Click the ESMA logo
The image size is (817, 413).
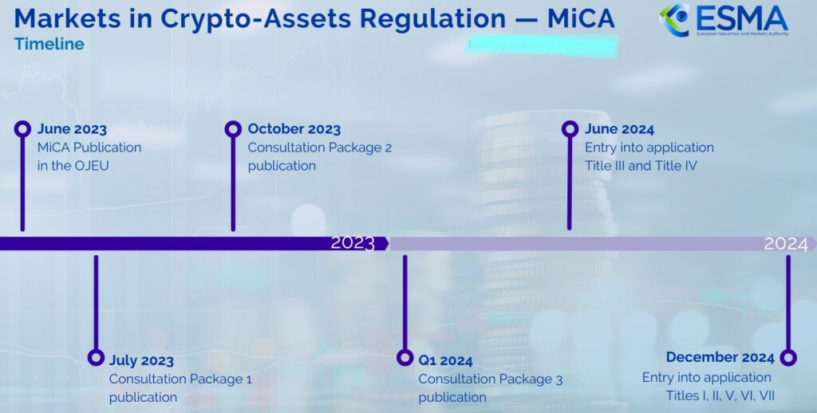tap(723, 20)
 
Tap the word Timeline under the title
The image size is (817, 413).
tap(49, 44)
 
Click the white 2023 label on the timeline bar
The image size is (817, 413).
tap(353, 243)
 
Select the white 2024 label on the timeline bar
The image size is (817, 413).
tap(786, 244)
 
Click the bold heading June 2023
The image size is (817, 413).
tap(72, 129)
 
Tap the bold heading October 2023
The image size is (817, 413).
tap(294, 129)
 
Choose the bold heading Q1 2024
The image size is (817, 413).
tap(445, 360)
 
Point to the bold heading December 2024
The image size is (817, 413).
tap(720, 357)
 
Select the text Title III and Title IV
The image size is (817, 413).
tap(641, 166)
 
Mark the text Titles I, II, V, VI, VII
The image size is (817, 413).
tap(720, 395)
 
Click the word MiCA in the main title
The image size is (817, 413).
tap(581, 18)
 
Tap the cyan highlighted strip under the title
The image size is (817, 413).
tap(542, 45)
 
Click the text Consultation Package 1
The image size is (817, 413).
tap(180, 380)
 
